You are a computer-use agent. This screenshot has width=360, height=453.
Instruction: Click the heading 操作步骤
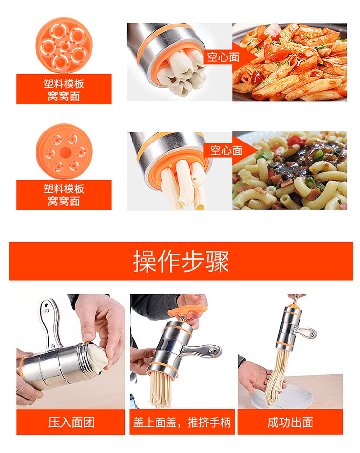pyautogui.click(x=181, y=261)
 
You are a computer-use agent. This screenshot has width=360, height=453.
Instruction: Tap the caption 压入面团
pyautogui.click(x=71, y=422)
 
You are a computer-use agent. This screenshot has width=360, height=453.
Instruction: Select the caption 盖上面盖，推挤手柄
pyautogui.click(x=182, y=422)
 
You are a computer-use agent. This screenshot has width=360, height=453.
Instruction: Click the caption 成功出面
pyautogui.click(x=290, y=422)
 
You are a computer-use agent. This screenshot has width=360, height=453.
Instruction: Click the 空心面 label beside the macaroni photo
pyautogui.click(x=226, y=150)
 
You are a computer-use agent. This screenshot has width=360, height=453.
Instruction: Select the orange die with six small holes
pyautogui.click(x=64, y=152)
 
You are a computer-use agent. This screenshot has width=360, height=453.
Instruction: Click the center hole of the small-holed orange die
pyautogui.click(x=65, y=152)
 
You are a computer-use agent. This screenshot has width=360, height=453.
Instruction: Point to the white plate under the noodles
pyautogui.click(x=282, y=396)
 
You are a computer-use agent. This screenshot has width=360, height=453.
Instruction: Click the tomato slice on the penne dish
pyautogui.click(x=274, y=51)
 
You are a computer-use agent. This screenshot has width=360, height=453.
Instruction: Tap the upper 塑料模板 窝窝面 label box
pyautogui.click(x=64, y=89)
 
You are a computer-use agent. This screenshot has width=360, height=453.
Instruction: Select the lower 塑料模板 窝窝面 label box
pyautogui.click(x=64, y=195)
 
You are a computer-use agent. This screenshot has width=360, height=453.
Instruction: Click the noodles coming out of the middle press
pyautogui.click(x=161, y=390)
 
